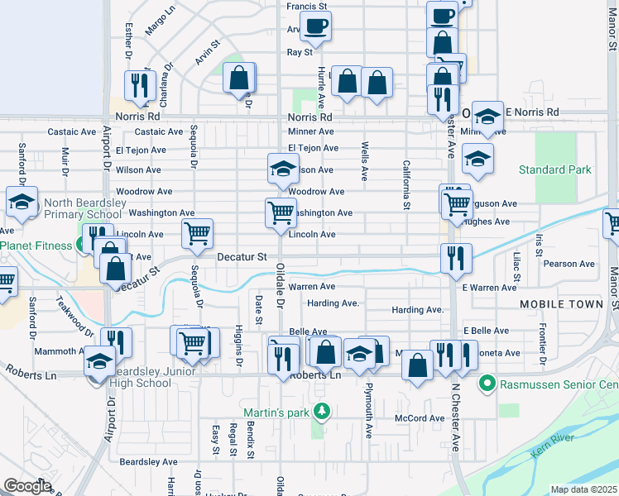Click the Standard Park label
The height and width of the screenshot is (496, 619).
[x=555, y=169]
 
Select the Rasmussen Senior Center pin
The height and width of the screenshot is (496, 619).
[x=487, y=384]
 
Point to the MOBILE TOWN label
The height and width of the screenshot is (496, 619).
[x=561, y=304]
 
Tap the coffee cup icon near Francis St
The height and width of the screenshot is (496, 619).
[x=315, y=26]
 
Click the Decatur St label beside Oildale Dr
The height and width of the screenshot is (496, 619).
[x=242, y=257]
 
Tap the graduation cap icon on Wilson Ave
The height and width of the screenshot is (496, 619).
[x=283, y=169]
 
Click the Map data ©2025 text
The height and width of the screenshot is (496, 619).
[x=583, y=489]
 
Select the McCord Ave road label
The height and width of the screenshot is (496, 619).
[x=420, y=418]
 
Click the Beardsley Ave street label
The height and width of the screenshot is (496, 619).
[x=149, y=461]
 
